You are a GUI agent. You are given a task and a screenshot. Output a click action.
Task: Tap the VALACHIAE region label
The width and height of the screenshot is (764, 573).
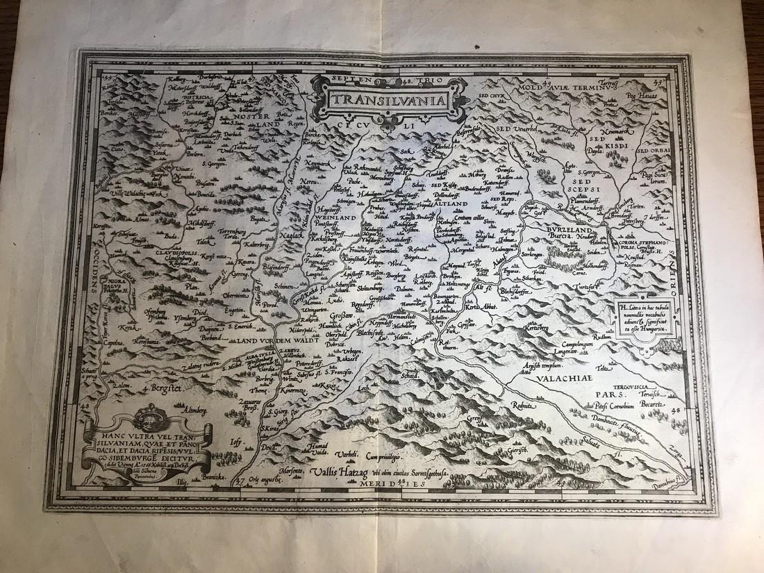coord(562,379)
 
